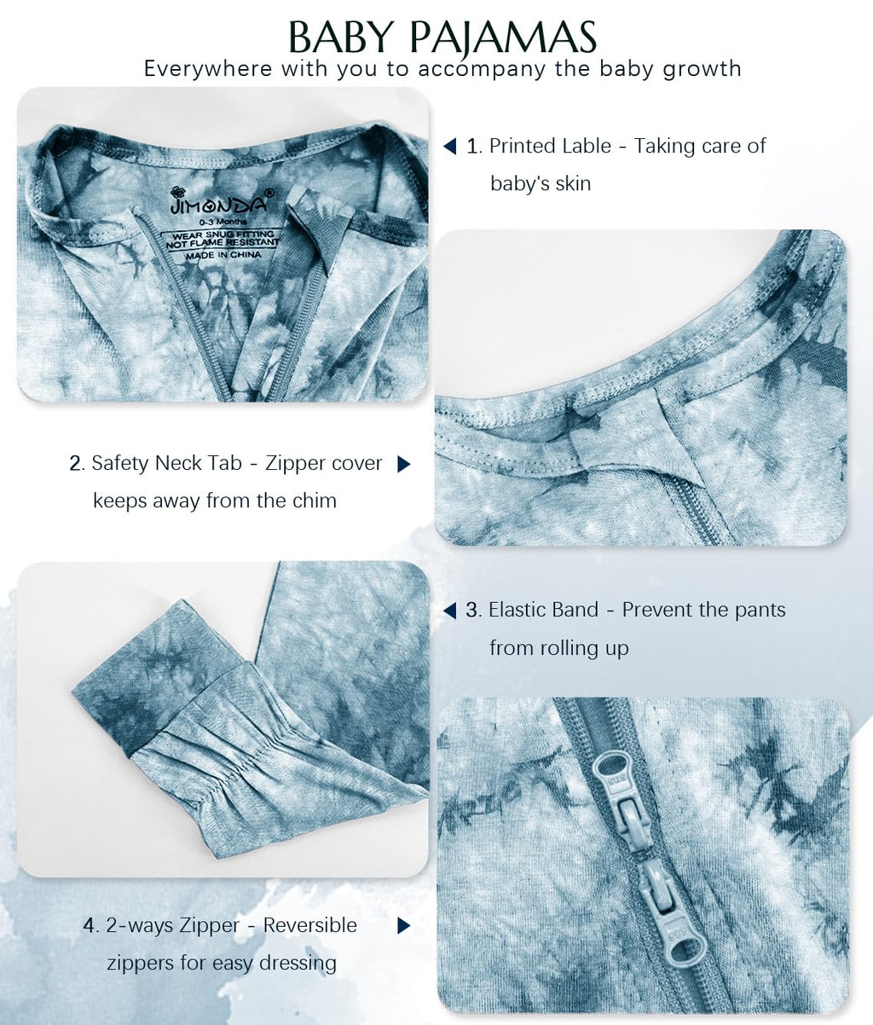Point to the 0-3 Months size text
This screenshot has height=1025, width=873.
(223, 221)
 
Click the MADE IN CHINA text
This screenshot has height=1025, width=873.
(223, 255)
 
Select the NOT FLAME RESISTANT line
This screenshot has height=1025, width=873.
(223, 243)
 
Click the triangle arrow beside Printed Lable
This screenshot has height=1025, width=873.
(449, 147)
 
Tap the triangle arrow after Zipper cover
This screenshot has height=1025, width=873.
(404, 464)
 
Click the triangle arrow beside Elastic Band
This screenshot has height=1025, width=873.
(449, 611)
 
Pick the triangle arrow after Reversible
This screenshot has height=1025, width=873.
(404, 925)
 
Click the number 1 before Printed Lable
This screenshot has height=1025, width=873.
(474, 147)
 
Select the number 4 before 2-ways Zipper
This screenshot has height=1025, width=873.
(90, 925)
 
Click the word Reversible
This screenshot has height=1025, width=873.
(309, 925)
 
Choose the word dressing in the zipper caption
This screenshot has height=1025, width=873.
(298, 964)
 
